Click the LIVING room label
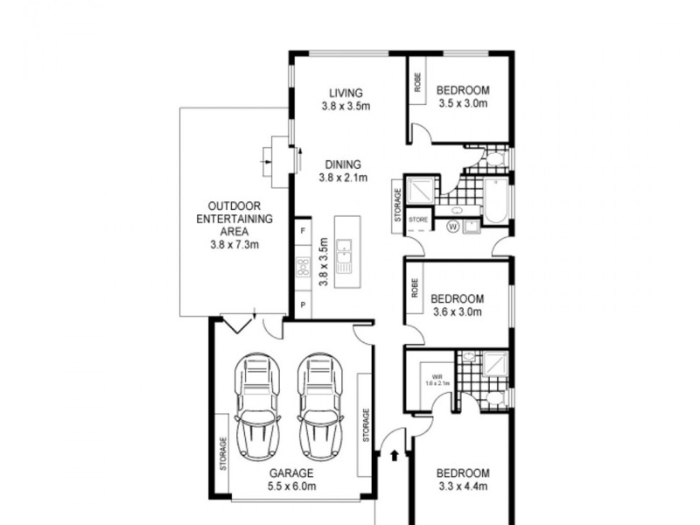(x=346, y=92)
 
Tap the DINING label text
(x=343, y=164)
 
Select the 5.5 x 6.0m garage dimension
(x=291, y=486)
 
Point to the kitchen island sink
(x=344, y=255)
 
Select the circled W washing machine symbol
(x=453, y=226)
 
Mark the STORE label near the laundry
(x=418, y=219)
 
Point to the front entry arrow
(x=393, y=455)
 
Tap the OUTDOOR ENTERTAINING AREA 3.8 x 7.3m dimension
(x=234, y=245)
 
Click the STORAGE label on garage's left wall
(x=224, y=455)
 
